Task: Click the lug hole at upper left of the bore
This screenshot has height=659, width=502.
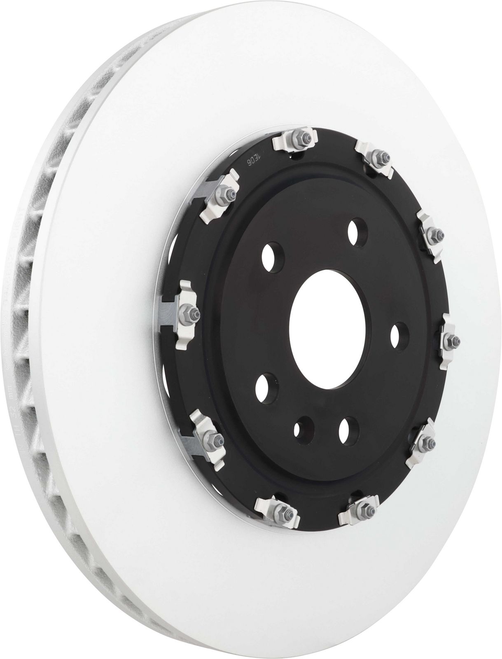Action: tap(273, 255)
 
